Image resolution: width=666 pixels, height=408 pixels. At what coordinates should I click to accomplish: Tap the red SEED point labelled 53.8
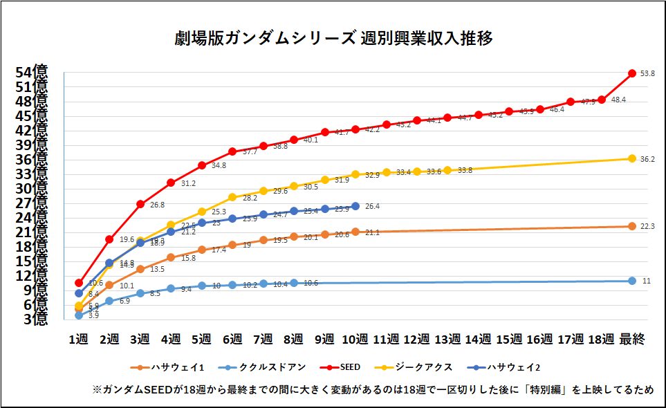pos(632,73)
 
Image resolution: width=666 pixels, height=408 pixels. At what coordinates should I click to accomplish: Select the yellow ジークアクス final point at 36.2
pos(632,158)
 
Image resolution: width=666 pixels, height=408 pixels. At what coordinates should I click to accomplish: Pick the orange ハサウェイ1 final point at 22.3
pos(632,226)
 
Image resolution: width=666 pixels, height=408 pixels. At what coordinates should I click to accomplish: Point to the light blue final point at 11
pos(632,281)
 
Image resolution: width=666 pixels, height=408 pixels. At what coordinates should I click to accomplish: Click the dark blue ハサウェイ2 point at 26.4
pos(355,205)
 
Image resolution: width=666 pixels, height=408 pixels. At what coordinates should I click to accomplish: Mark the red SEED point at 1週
pos(79,283)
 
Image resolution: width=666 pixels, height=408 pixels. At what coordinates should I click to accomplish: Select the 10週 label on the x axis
pos(355,339)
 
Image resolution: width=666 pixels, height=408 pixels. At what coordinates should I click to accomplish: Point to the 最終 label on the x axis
pos(632,339)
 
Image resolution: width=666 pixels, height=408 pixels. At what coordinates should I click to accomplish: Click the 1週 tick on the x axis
pos(79,339)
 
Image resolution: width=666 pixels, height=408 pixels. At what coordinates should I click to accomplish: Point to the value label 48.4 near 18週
pos(618,100)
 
